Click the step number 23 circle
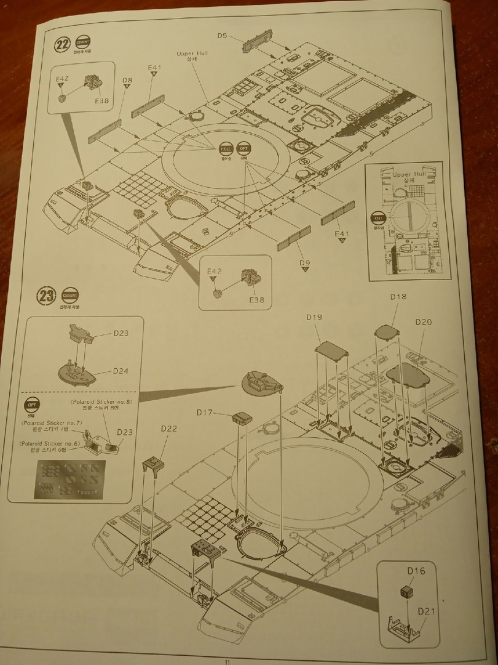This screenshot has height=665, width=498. coord(47,295)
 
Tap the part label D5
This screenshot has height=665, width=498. coord(223,36)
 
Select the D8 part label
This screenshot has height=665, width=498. coord(127,80)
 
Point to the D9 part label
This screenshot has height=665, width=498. coord(305,264)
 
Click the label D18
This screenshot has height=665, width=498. coord(398,297)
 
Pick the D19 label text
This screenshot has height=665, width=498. coord(314,317)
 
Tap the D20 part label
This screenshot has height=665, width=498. coord(424,322)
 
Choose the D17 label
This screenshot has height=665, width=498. coord(205,412)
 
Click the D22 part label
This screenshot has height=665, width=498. coord(168,429)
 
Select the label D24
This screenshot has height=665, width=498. coord(121,371)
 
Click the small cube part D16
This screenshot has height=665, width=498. coord(406,593)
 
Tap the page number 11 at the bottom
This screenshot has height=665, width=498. coord(227,662)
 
